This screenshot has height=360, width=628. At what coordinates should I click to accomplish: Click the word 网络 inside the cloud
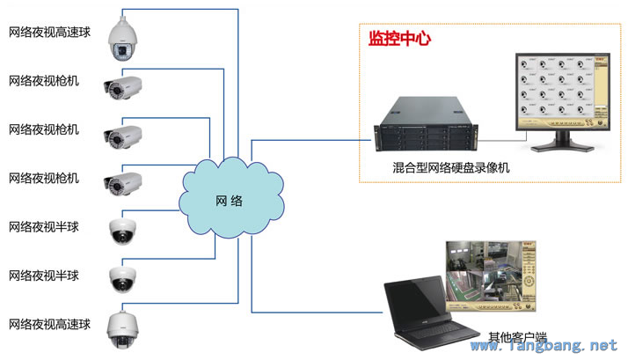229,201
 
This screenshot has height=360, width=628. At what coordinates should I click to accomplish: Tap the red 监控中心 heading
399,39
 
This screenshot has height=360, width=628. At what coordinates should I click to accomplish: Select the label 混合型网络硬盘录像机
451,167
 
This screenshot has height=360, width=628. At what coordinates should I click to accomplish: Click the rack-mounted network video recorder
426,124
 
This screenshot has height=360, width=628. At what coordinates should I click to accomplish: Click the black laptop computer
431,313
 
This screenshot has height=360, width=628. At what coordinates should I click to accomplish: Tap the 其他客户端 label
517,337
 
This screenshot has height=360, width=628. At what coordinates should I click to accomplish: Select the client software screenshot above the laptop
491,276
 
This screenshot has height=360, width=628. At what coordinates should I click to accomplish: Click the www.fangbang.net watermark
544,345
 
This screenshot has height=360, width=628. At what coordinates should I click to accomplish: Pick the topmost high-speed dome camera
122,40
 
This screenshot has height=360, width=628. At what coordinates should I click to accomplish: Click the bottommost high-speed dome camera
122,329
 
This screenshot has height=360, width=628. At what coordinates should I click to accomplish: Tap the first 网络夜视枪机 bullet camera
122,87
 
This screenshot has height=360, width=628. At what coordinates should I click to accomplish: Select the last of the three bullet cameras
122,184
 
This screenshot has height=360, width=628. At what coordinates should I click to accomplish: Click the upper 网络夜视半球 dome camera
122,231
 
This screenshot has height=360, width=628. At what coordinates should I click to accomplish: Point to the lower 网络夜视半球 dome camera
122,279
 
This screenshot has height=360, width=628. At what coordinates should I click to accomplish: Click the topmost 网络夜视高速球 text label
49,32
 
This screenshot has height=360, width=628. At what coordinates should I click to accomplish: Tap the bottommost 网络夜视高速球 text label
49,324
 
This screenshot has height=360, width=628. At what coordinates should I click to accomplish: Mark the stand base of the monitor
562,148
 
